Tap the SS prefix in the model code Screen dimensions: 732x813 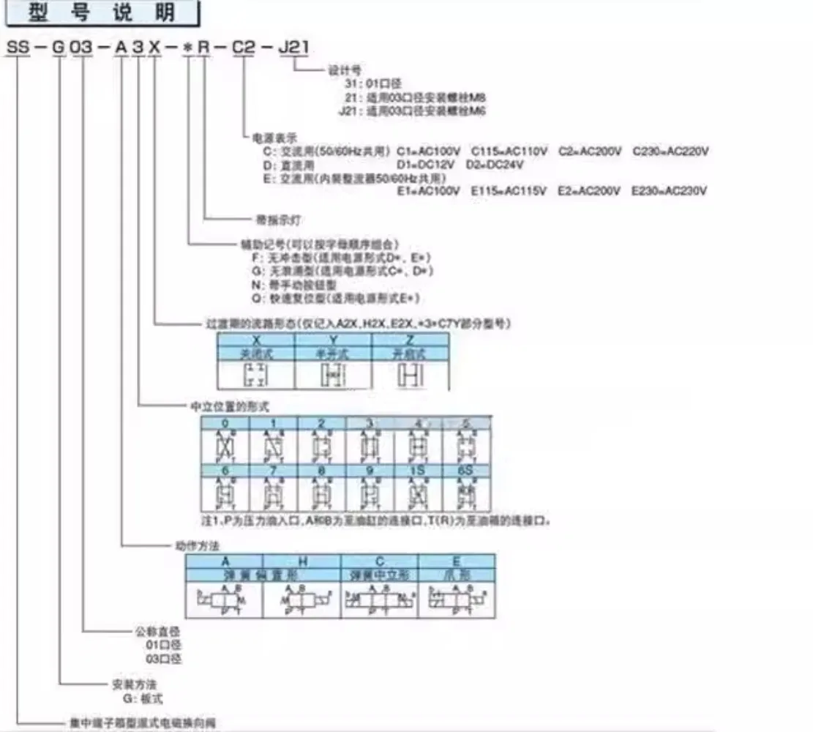pos(20,48)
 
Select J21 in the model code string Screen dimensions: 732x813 pos(294,48)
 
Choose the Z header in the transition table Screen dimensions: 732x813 pos(410,340)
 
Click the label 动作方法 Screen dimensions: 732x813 pos(187,545)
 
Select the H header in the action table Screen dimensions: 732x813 pos(303,561)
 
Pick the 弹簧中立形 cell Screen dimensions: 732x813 pos(379,575)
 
